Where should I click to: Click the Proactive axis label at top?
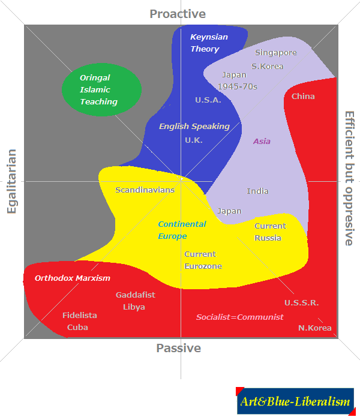pos(178,14)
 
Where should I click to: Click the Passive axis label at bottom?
pos(178,348)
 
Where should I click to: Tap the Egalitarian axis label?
pos(11,181)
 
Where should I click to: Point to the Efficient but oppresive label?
pos(349,178)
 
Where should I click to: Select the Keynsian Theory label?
pos(209,43)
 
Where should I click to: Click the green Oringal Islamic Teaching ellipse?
pos(101,90)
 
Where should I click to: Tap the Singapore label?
pos(276,53)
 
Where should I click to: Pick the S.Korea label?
pos(268,66)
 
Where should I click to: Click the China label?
pos(303,97)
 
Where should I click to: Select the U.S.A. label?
pos(208,100)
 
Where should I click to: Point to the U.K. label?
pos(194,140)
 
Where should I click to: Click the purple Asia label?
pos(262,142)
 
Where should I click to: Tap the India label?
pos(257,191)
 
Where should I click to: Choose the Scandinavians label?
pos(145,190)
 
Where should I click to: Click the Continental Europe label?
pos(182,230)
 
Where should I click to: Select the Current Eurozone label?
pos(203,260)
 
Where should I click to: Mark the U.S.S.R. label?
pos(301,303)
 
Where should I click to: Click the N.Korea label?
pos(315,328)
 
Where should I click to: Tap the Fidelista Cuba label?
pos(79,321)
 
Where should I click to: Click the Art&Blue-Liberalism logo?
pos(295,401)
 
